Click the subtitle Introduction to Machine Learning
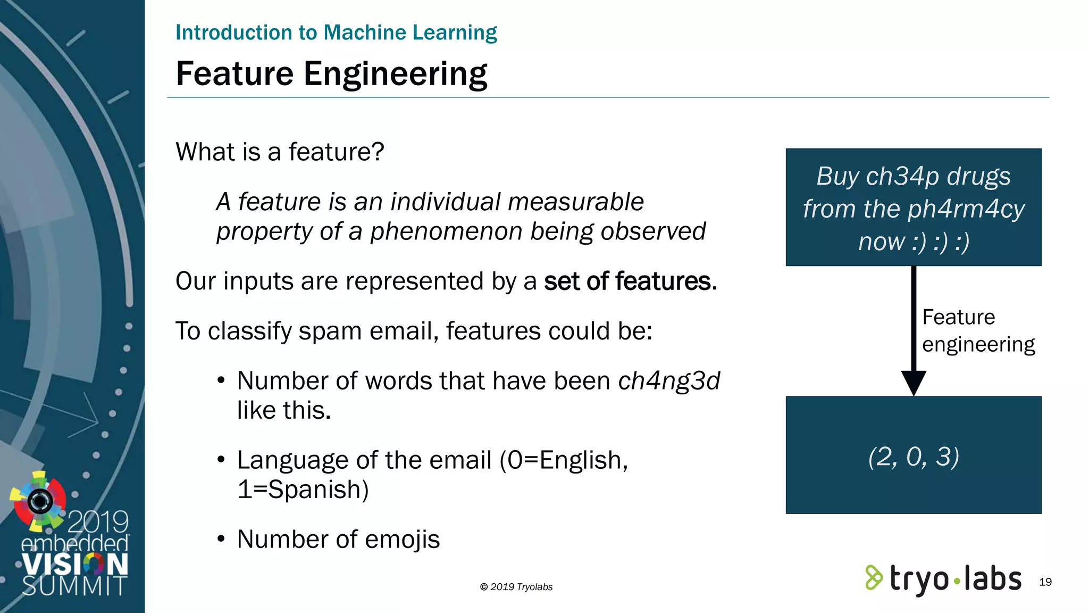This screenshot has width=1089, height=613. tap(336, 32)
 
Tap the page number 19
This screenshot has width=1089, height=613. tap(1045, 582)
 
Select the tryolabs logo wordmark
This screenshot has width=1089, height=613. tap(955, 579)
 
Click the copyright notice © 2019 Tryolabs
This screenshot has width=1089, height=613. tap(516, 587)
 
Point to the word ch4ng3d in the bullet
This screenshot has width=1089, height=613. tap(668, 381)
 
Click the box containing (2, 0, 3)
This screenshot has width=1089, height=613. tap(913, 455)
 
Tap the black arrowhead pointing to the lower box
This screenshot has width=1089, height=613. tap(914, 382)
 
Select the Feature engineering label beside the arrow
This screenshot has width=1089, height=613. tap(977, 330)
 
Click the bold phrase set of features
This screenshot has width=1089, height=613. tap(630, 281)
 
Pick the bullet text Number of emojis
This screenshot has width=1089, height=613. tap(338, 539)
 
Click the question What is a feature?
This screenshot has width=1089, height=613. tap(280, 152)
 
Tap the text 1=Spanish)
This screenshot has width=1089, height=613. tap(303, 489)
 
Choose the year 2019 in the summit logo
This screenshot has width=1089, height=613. tap(98, 521)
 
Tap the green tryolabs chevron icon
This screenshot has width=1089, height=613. tap(873, 578)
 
